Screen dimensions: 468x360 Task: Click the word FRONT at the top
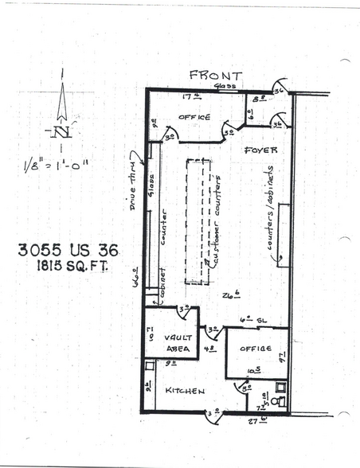tap(214, 76)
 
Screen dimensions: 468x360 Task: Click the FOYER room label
tap(259, 149)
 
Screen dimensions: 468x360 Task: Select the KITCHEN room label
tap(185, 391)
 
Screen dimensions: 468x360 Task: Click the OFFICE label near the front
tap(194, 117)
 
